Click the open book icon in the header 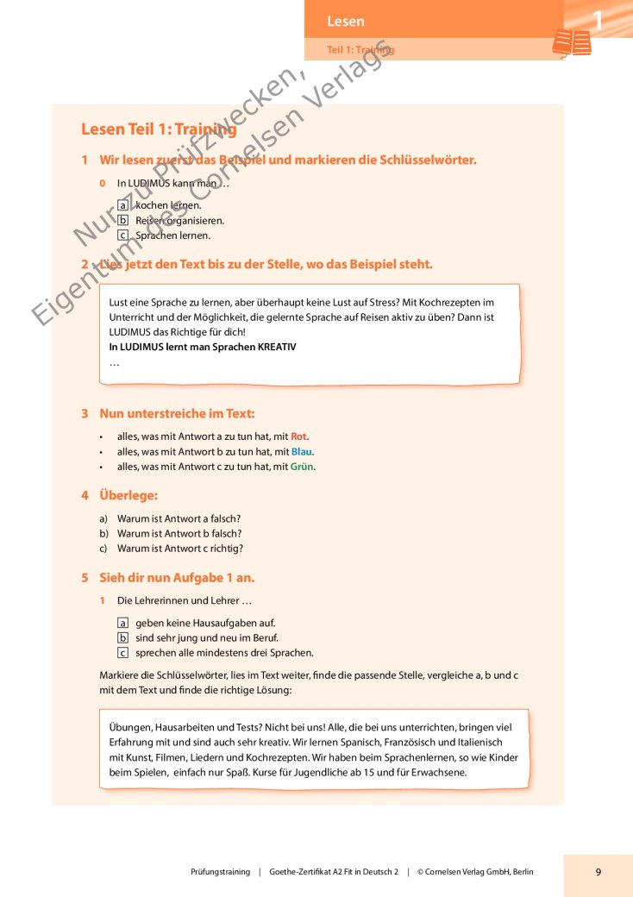point(572,43)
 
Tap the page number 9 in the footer point(598,872)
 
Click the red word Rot point(298,436)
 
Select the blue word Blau point(302,451)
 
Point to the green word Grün point(302,467)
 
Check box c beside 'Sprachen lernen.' point(122,235)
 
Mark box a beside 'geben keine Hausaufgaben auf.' point(122,623)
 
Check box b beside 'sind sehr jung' point(122,637)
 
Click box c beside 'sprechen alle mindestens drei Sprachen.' point(122,653)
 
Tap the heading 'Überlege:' point(128,496)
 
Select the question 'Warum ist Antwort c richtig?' point(180,549)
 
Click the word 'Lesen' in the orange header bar point(346,22)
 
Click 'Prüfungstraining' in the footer point(220,872)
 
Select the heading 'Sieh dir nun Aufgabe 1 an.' point(177,578)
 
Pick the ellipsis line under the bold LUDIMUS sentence point(115,362)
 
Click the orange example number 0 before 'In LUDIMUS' point(103,184)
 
